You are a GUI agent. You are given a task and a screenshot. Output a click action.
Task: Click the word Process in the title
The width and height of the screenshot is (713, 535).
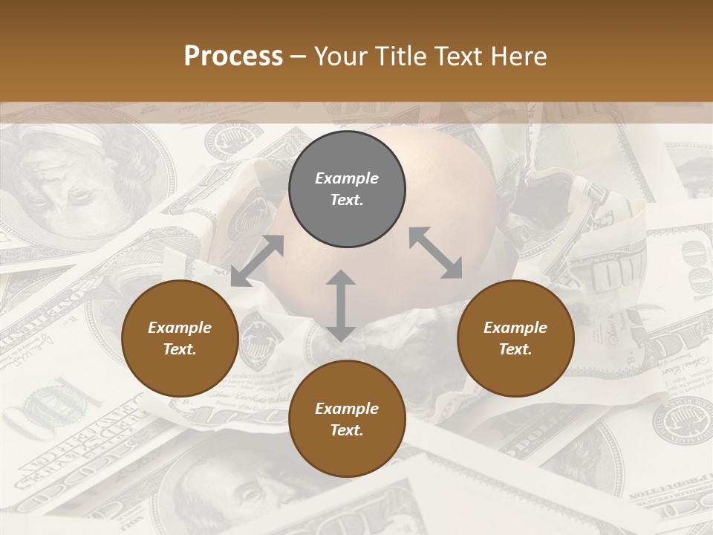pos(233,56)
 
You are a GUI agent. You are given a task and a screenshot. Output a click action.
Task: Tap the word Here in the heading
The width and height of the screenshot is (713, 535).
pos(519,56)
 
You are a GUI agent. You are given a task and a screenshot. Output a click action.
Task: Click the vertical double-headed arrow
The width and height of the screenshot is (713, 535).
pos(340,306)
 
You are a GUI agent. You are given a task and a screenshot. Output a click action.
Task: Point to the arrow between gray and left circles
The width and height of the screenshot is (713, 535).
pos(257,261)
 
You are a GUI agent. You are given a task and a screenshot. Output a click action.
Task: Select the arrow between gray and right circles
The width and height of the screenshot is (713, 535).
pos(436,253)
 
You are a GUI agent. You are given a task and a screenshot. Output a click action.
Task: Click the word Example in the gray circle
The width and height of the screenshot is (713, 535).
pos(347,178)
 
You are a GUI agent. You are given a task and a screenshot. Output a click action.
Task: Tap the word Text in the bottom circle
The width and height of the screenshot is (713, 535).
pos(347,430)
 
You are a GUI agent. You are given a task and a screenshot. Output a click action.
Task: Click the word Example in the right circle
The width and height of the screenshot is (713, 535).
pos(515,328)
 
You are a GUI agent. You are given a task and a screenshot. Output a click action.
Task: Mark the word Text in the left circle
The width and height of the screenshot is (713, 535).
pos(180,349)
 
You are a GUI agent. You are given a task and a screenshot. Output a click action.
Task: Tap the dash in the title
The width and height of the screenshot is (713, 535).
pos(299,56)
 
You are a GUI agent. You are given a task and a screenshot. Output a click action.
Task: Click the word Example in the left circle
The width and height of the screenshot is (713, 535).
pos(180,328)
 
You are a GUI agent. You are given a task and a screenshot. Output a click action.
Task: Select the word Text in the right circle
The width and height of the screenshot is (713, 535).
pos(515,349)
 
